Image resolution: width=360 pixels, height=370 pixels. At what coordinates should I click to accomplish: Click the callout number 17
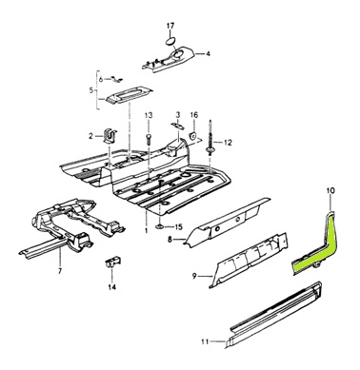170,26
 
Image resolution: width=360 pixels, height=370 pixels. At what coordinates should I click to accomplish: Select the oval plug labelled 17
170,41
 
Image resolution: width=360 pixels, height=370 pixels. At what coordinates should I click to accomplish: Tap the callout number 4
208,54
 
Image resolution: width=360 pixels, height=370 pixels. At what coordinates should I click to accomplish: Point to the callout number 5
91,90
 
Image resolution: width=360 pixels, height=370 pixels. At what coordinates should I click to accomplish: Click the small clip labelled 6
115,79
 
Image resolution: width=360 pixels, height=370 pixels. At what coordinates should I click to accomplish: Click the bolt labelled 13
149,139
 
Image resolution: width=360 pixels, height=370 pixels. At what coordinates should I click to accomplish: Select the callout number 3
178,114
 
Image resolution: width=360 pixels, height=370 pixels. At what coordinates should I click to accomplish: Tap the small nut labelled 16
193,136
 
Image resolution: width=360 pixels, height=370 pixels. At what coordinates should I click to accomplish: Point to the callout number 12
228,143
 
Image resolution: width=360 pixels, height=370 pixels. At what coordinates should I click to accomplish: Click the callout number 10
330,190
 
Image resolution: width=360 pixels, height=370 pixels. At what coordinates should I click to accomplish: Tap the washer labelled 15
160,226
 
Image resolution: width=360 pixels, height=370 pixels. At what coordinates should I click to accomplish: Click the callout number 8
170,240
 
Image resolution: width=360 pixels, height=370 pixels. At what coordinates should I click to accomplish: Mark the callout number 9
194,276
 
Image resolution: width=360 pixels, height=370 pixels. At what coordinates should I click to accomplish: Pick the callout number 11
205,341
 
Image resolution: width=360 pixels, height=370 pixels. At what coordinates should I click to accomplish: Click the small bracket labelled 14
111,262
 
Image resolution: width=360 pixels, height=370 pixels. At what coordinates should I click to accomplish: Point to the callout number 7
60,270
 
